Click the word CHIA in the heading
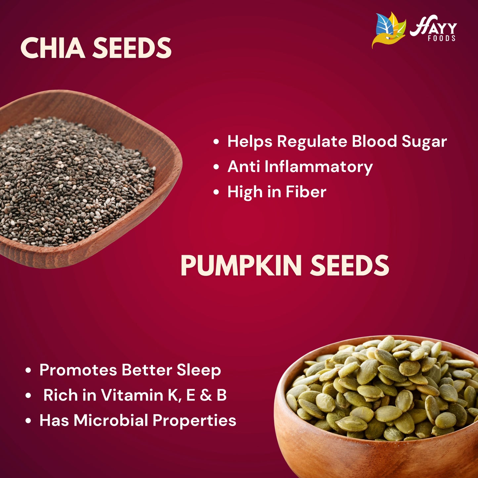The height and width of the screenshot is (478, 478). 53,48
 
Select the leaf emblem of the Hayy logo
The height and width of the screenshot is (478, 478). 389,30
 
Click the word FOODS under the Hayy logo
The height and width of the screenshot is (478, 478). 442,39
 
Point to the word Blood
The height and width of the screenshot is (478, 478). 374,142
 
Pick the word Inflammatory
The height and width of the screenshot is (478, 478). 319,167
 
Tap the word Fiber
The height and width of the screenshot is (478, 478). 306,192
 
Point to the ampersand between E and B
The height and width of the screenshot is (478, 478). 206,395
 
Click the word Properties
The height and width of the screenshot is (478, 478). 195,421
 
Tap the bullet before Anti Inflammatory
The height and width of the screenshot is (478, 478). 216,167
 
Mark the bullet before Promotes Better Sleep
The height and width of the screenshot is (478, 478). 28,370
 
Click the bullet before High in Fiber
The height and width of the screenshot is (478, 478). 216,192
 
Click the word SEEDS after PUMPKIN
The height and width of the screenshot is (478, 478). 350,266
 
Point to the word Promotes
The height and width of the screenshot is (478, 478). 78,370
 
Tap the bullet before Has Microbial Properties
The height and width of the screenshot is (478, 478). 28,421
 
